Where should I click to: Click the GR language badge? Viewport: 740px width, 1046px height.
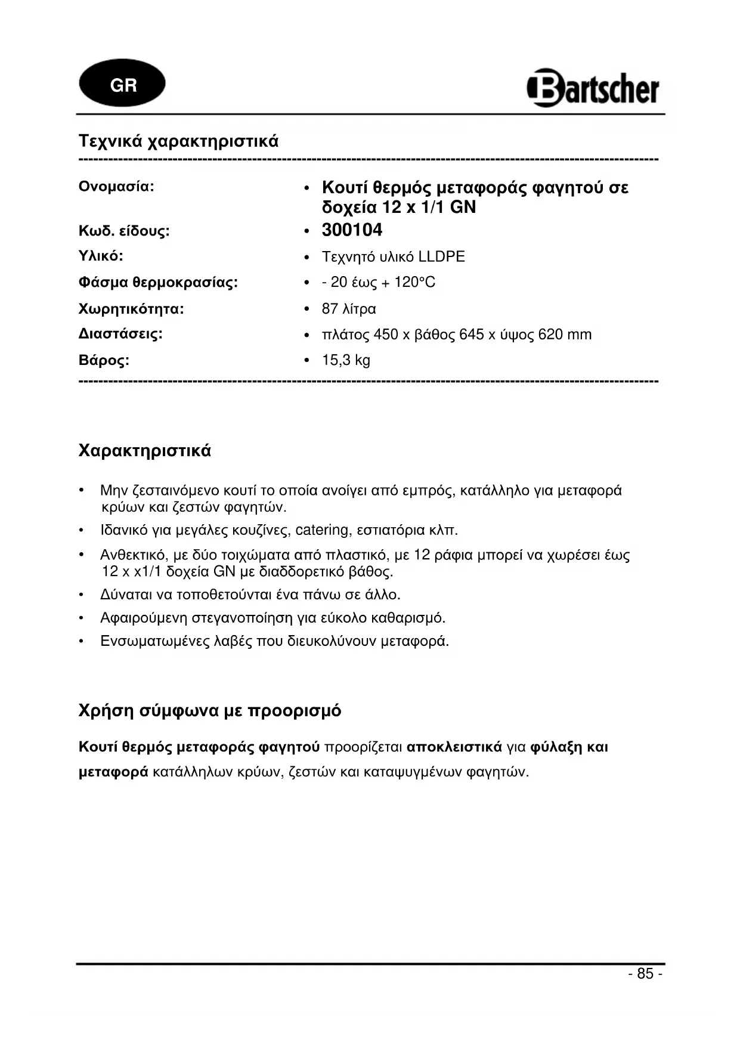[122, 85]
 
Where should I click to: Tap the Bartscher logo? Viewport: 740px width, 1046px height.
[593, 88]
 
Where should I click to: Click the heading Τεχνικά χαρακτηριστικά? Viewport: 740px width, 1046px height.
[178, 141]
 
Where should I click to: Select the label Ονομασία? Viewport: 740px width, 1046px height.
[116, 186]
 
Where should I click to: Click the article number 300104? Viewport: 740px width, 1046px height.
[352, 230]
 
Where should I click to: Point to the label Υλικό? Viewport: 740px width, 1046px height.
[101, 256]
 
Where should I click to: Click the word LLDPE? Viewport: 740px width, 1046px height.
[441, 256]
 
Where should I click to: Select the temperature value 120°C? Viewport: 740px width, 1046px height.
[414, 282]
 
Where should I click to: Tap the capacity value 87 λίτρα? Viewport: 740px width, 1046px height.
[349, 309]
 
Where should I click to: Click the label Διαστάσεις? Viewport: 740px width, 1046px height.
[120, 333]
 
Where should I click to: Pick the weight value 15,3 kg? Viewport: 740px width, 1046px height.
[346, 360]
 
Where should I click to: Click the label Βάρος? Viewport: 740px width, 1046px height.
[104, 360]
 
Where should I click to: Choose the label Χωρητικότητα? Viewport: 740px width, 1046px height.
[131, 309]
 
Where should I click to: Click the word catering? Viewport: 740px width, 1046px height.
[322, 530]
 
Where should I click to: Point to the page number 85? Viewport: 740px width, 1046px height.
[645, 973]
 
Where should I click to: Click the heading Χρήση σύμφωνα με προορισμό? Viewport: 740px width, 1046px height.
[210, 710]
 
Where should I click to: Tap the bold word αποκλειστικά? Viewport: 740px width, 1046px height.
[454, 747]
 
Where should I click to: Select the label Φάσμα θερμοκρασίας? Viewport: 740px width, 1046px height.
[158, 282]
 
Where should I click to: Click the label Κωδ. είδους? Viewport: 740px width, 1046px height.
[124, 231]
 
